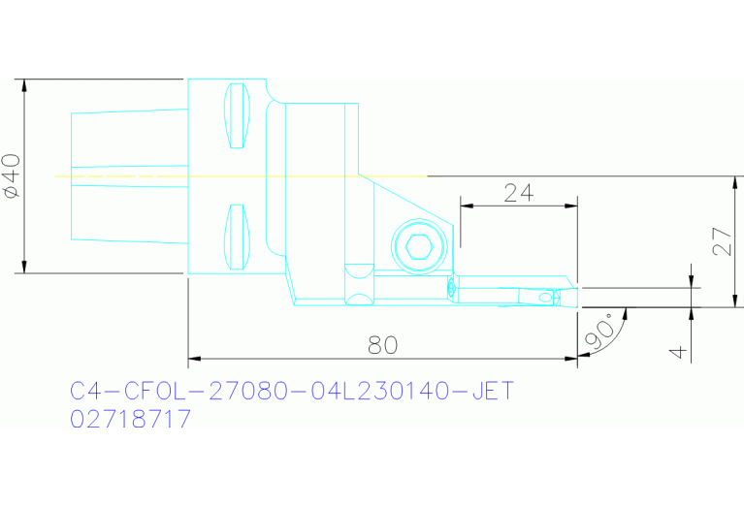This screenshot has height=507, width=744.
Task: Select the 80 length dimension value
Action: (382, 344)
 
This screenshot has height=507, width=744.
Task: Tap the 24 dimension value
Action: (519, 192)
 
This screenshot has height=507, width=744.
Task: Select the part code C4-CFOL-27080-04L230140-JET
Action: (291, 392)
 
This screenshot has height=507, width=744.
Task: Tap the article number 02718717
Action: (131, 420)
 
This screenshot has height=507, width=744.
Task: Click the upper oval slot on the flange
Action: (237, 116)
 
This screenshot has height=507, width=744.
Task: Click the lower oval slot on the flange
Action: (236, 236)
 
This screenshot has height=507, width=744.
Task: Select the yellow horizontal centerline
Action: (243, 176)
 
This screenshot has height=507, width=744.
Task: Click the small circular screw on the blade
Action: (450, 286)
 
